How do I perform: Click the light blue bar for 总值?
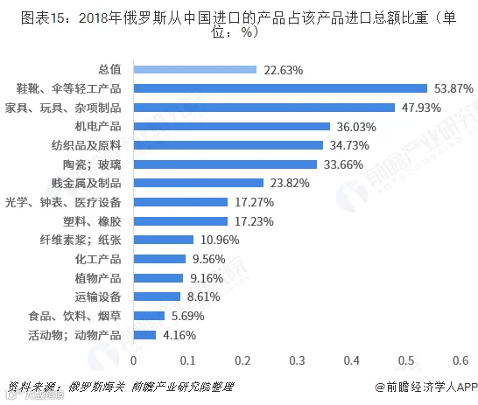coord(195,70)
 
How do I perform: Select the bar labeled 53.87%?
coord(280,88)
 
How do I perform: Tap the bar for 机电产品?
coord(232,126)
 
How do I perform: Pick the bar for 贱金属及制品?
coord(199,183)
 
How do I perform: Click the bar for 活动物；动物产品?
coord(144,335)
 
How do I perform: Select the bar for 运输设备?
coord(157,297)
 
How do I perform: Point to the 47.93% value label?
coord(421,108)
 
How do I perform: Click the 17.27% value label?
coord(254,202)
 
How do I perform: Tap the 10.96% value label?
coord(220,240)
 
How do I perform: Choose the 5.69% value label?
coord(187,316)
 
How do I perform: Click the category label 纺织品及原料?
coord(87,145)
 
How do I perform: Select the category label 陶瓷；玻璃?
coord(92,164)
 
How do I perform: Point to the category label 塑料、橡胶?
coord(92,221)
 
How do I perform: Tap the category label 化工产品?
coord(98,259)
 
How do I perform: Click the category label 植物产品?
coord(98,278)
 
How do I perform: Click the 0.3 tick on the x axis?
coord(298,360)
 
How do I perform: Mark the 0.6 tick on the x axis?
coord(460,360)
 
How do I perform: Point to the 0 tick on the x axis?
coord(134,360)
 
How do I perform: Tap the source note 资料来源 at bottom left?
coord(120,387)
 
